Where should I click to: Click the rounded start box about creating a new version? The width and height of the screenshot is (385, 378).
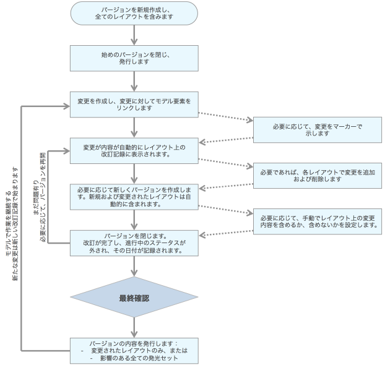(x=134, y=14)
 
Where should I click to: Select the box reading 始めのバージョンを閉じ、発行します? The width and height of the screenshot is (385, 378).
(x=134, y=58)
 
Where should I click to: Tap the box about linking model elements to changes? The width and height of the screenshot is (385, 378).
(x=134, y=103)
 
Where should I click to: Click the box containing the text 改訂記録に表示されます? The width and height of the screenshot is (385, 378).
(x=134, y=151)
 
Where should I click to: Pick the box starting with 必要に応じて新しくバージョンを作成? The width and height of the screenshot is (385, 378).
(x=134, y=195)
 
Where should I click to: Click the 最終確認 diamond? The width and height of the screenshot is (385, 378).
(x=134, y=298)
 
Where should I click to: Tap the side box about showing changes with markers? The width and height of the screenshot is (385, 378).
(x=317, y=129)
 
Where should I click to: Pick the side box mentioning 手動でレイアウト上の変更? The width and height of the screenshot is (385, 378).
(x=317, y=220)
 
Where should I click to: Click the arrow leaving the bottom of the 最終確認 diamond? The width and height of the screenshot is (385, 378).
(x=134, y=327)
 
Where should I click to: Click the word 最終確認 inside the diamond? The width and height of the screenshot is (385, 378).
(x=134, y=298)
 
